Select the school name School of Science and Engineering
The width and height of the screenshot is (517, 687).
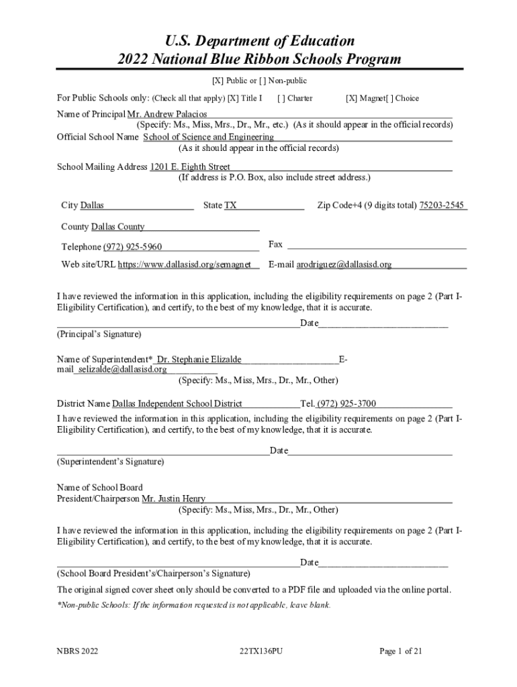(x=208, y=138)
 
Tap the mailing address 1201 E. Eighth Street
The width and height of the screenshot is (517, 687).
(x=190, y=166)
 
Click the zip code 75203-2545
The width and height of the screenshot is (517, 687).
(x=441, y=205)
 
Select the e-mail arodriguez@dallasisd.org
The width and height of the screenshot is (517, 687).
(x=344, y=264)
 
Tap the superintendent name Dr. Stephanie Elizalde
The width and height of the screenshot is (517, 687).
(x=199, y=360)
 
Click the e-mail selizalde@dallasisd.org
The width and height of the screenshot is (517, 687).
(x=122, y=369)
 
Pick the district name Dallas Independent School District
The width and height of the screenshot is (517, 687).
(x=177, y=403)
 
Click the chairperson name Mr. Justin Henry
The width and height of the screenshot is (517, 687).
(x=173, y=498)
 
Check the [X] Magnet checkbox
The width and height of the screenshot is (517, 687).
(x=350, y=99)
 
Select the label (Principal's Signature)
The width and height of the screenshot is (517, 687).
(x=99, y=333)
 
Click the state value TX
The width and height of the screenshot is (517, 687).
(x=230, y=205)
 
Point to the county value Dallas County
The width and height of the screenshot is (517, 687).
(x=117, y=227)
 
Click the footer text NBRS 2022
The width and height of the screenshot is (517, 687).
(x=77, y=651)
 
